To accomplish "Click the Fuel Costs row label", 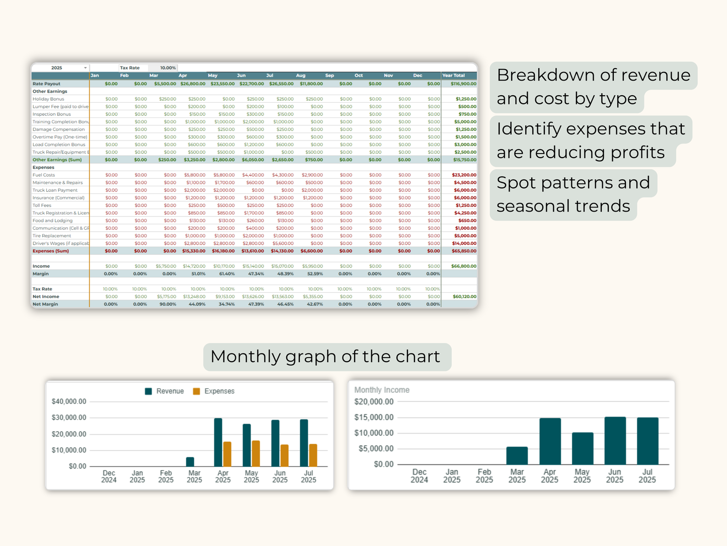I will click(x=44, y=175).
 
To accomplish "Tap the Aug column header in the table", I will click(x=300, y=76).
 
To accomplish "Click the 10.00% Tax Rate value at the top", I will click(x=168, y=68).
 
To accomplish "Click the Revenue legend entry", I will click(x=165, y=391).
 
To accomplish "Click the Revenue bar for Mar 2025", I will click(x=190, y=461).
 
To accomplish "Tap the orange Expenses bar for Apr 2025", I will click(x=227, y=454).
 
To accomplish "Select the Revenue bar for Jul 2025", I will click(x=304, y=443).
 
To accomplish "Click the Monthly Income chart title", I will click(x=382, y=390).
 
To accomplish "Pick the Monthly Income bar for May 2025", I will click(x=583, y=448).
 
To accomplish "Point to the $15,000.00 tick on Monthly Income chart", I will click(x=374, y=418).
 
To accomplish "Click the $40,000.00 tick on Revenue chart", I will click(x=69, y=401).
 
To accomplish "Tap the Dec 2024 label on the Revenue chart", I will click(x=109, y=476).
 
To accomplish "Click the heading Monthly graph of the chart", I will click(x=325, y=357).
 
